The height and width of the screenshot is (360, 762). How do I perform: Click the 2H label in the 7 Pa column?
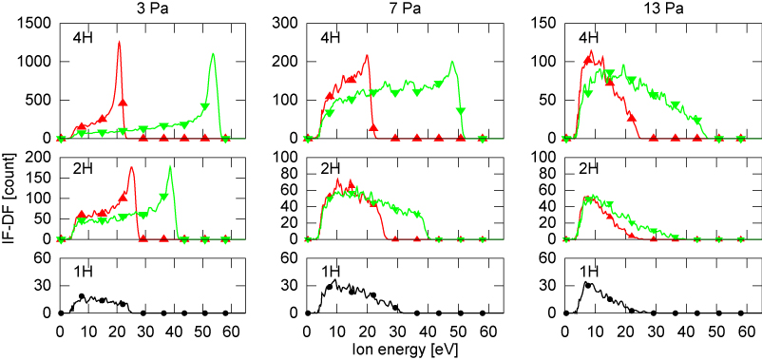click(330, 169)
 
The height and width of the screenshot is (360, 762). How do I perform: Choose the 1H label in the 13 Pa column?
click(577, 272)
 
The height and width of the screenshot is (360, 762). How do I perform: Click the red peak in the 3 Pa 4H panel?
click(119, 42)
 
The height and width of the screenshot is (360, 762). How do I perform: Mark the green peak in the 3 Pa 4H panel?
click(213, 54)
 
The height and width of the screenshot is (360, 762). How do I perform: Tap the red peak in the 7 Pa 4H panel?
click(367, 55)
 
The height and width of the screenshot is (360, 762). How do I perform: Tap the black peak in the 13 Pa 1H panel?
click(589, 282)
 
